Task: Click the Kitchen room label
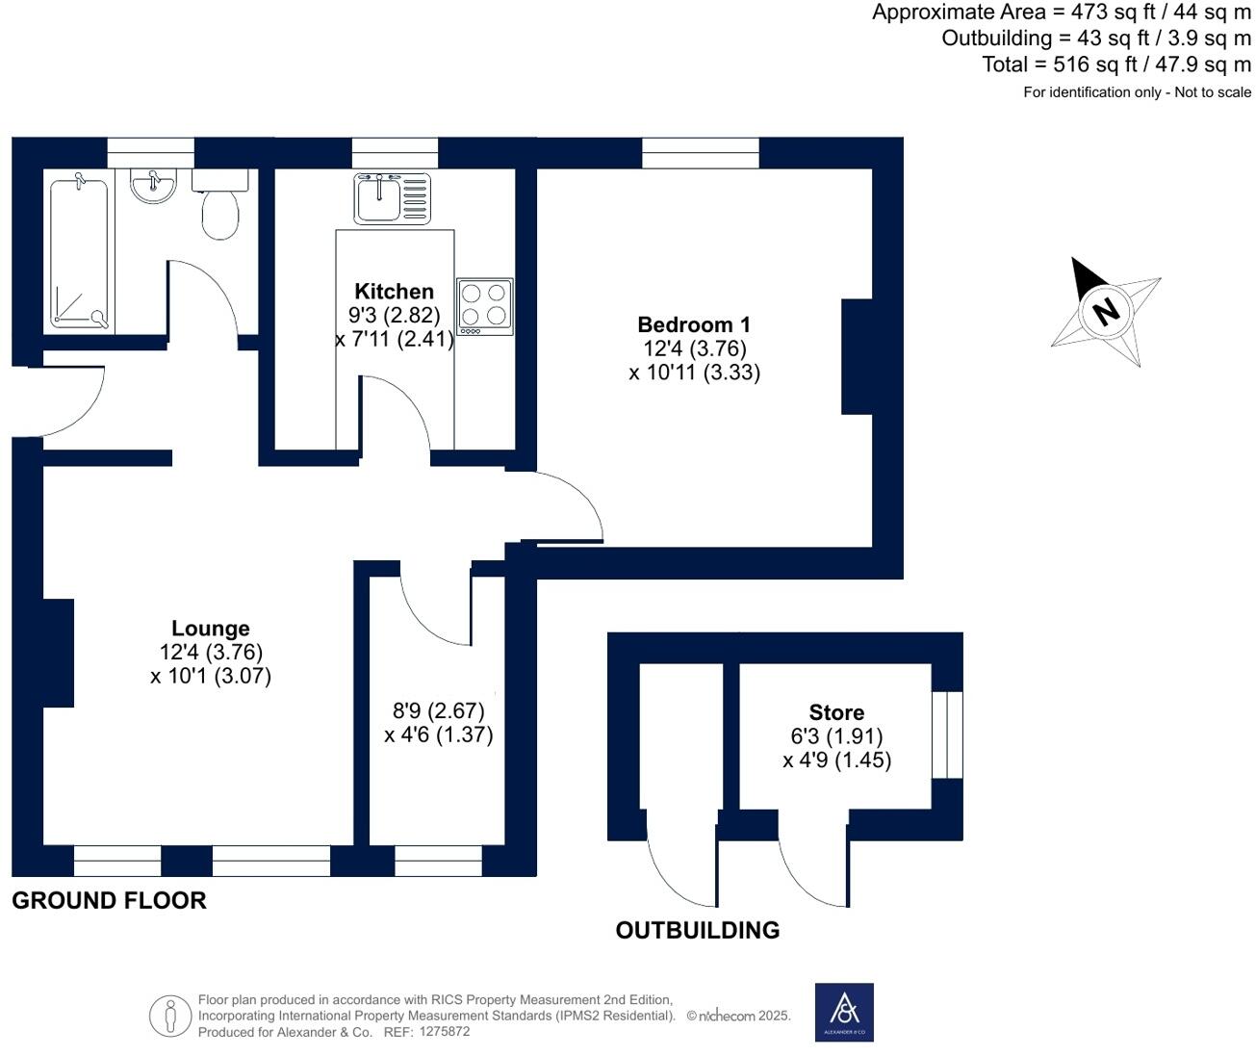(x=394, y=292)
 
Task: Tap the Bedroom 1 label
(x=694, y=325)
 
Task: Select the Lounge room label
(x=211, y=630)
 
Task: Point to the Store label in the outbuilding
(x=836, y=713)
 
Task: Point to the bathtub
(x=78, y=250)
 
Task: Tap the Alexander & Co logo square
(x=844, y=1012)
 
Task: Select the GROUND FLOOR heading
(x=109, y=901)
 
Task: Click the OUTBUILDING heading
(x=698, y=931)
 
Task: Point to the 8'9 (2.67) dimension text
(x=438, y=711)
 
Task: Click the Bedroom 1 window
(x=700, y=153)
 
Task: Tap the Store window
(x=948, y=734)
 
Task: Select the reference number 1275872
(x=442, y=1032)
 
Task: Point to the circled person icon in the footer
(x=170, y=1016)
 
